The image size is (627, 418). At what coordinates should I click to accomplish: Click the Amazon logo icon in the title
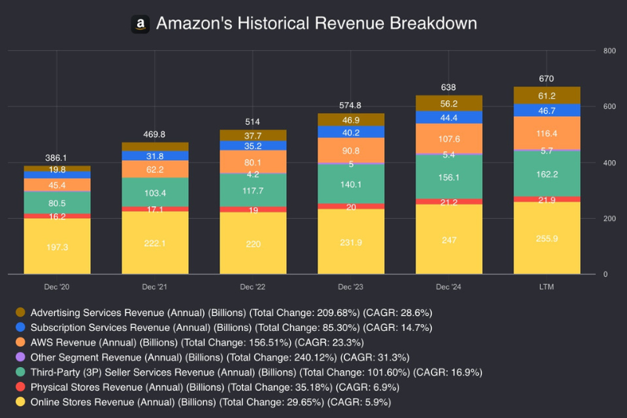[140, 24]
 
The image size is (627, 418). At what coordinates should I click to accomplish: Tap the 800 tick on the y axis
[609, 51]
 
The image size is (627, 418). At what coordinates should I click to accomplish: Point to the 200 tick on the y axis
[609, 219]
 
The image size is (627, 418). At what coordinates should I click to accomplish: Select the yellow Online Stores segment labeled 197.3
[56, 246]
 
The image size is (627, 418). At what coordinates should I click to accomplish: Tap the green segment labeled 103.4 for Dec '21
[155, 192]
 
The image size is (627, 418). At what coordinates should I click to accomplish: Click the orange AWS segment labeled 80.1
[253, 162]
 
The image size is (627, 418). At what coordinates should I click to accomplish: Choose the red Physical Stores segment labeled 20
[351, 206]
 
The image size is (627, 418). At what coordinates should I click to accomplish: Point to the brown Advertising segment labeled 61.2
[547, 96]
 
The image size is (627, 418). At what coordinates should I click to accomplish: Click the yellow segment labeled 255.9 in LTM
[547, 238]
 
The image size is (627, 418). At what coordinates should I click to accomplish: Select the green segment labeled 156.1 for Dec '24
[449, 178]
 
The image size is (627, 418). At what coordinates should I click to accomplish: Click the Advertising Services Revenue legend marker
[20, 312]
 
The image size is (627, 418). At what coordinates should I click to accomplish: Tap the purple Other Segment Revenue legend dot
[20, 358]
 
